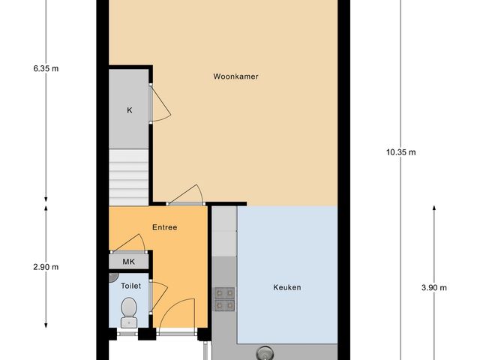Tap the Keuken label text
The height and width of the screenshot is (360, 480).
[x=286, y=286]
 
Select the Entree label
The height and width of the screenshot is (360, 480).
[x=164, y=227]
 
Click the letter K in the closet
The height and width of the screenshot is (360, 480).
[x=129, y=110]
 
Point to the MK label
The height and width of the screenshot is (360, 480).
[x=129, y=262]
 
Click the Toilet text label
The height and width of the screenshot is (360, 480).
[x=130, y=286]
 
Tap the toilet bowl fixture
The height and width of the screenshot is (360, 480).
[x=129, y=309]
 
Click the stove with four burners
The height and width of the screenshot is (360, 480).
[x=224, y=298]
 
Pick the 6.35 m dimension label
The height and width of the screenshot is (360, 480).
[x=46, y=68]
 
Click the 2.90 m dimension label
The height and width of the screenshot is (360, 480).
[x=46, y=267]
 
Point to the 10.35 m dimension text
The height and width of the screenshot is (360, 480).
[x=400, y=152]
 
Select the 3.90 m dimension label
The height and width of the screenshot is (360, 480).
[x=433, y=287]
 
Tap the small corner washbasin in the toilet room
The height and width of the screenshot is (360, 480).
[x=112, y=277]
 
